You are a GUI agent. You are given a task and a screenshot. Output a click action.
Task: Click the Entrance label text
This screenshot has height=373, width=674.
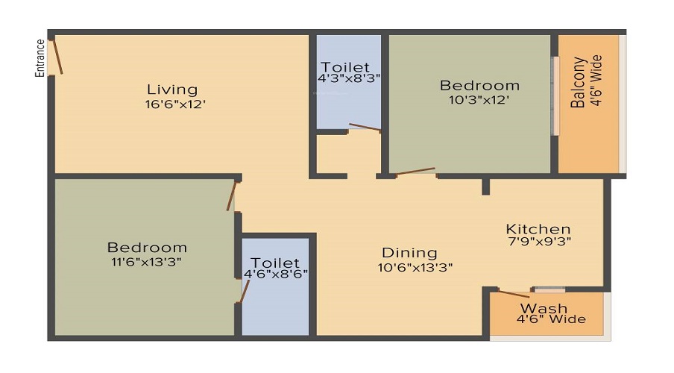coord(40,58)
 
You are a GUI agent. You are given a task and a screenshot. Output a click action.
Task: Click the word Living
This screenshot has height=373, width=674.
coord(172,90)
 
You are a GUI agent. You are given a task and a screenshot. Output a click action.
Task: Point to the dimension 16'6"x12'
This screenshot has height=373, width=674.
coord(175,104)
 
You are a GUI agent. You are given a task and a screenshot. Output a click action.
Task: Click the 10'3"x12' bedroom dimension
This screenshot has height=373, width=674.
coord(479,99)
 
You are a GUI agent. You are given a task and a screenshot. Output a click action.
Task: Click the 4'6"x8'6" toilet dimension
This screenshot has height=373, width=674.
coord(275,274)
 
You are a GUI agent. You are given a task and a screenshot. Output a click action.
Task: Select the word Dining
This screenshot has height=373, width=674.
coord(409,253)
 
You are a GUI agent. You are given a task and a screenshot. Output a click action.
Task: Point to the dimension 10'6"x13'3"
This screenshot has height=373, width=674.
coord(415,266)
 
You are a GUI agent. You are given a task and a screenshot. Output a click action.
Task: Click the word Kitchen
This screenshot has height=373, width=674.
coord(538,229)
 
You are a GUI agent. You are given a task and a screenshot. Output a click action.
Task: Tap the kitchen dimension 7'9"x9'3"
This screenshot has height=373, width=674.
coord(540,242)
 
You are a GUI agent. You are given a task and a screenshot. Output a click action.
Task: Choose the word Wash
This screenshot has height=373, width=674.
coord(544,308)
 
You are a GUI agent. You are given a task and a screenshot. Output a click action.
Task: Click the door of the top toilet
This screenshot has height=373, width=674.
coord(364,128)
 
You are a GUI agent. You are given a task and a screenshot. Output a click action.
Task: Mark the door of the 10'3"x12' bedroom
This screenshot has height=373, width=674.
coord(415,172)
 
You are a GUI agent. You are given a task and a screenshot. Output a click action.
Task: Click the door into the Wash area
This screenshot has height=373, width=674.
coord(514,294)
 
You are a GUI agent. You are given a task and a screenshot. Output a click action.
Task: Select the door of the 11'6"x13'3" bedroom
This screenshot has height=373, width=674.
coord(233,195)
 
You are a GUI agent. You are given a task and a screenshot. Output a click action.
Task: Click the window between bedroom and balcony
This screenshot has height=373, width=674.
coord(554,95)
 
